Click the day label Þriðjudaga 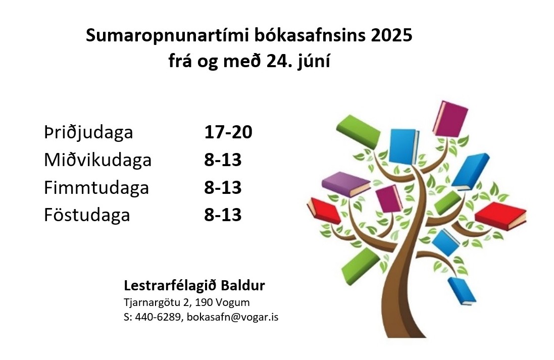point(88,133)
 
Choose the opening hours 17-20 point(228,132)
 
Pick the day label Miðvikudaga point(98,160)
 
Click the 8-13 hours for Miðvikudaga point(223,160)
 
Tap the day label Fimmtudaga point(96,188)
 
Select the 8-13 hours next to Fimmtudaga point(223,187)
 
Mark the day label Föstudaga point(87,215)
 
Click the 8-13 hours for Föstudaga point(223,215)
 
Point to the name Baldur point(243,285)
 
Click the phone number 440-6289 point(158,317)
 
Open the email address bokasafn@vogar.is point(232,317)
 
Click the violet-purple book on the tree point(345,184)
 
